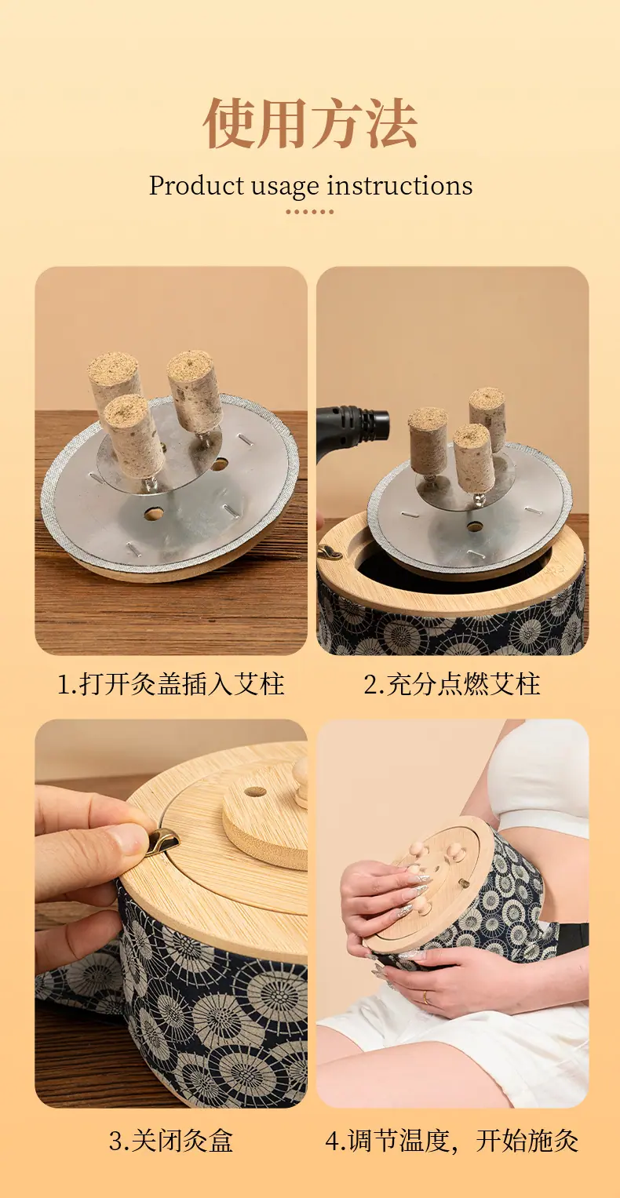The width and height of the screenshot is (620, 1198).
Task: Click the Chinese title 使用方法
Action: [x=310, y=123]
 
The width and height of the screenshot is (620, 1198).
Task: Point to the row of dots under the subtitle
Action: [x=310, y=212]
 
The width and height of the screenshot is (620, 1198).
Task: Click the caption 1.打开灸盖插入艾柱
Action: [x=170, y=684]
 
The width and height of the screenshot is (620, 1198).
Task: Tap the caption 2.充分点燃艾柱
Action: [x=452, y=684]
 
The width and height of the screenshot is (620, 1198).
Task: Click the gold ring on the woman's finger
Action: [x=425, y=997]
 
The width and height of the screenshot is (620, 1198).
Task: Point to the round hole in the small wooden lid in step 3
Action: [x=254, y=791]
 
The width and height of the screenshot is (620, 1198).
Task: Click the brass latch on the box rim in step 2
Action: [x=330, y=553]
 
